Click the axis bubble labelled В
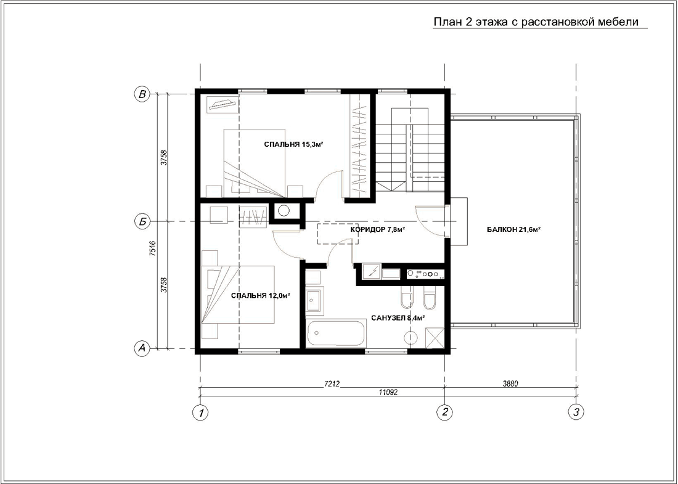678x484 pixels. pyautogui.click(x=142, y=94)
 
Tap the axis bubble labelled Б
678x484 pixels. pyautogui.click(x=142, y=222)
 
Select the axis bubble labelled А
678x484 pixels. pyautogui.click(x=142, y=348)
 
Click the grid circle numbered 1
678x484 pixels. pyautogui.click(x=200, y=412)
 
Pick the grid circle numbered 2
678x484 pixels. pyautogui.click(x=445, y=412)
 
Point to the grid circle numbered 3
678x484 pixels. pyautogui.click(x=576, y=412)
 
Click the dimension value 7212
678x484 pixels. pyautogui.click(x=332, y=384)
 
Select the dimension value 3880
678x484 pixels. pyautogui.click(x=510, y=384)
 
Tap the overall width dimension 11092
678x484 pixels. pyautogui.click(x=388, y=392)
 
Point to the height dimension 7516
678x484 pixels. pyautogui.click(x=152, y=248)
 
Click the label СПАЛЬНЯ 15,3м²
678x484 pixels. pyautogui.click(x=294, y=144)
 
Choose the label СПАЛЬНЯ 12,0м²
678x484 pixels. pyautogui.click(x=260, y=296)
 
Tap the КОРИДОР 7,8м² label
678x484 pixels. pyautogui.click(x=377, y=229)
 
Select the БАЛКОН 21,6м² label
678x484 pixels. pyautogui.click(x=514, y=230)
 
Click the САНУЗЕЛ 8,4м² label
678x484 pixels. pyautogui.click(x=398, y=318)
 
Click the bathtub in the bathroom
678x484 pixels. pyautogui.click(x=335, y=334)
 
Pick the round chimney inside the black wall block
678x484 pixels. pyautogui.click(x=284, y=211)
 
